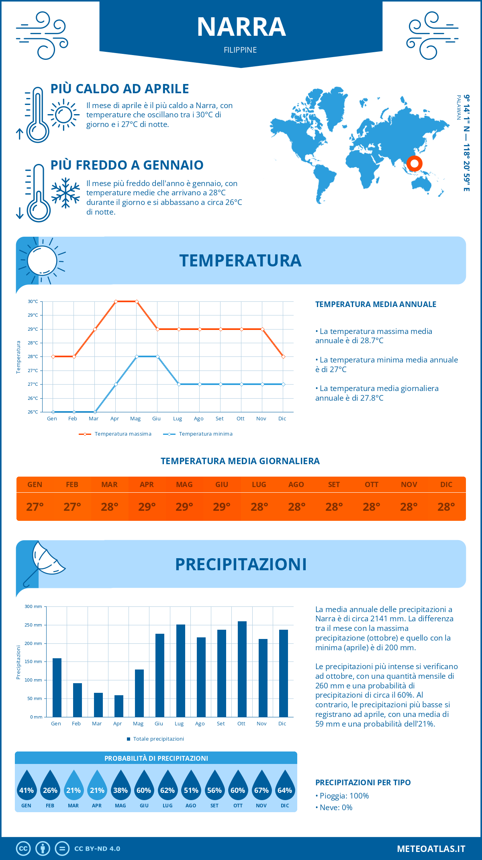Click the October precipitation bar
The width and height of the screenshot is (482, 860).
(x=242, y=669)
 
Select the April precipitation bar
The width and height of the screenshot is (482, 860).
(x=118, y=706)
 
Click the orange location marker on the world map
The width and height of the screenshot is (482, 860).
(x=414, y=164)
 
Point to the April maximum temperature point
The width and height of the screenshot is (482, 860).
(x=116, y=301)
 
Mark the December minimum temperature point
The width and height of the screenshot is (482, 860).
(x=283, y=384)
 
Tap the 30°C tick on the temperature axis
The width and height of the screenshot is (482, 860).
(x=33, y=301)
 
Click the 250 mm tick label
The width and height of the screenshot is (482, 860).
(x=33, y=625)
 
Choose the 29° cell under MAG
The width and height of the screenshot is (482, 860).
(x=184, y=507)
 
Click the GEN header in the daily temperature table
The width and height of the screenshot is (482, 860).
(x=35, y=484)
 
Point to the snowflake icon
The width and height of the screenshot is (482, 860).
(x=65, y=193)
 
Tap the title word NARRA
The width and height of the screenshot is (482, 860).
(x=241, y=27)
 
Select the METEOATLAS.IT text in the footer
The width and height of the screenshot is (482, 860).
(x=431, y=849)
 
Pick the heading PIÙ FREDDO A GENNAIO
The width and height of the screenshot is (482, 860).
(x=127, y=165)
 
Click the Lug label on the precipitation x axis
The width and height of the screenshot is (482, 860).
(x=179, y=724)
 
